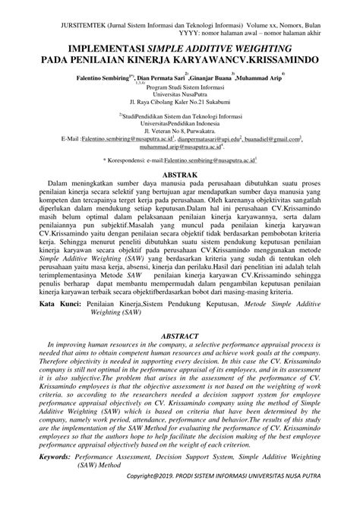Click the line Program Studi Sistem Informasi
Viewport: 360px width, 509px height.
click(x=180, y=90)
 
